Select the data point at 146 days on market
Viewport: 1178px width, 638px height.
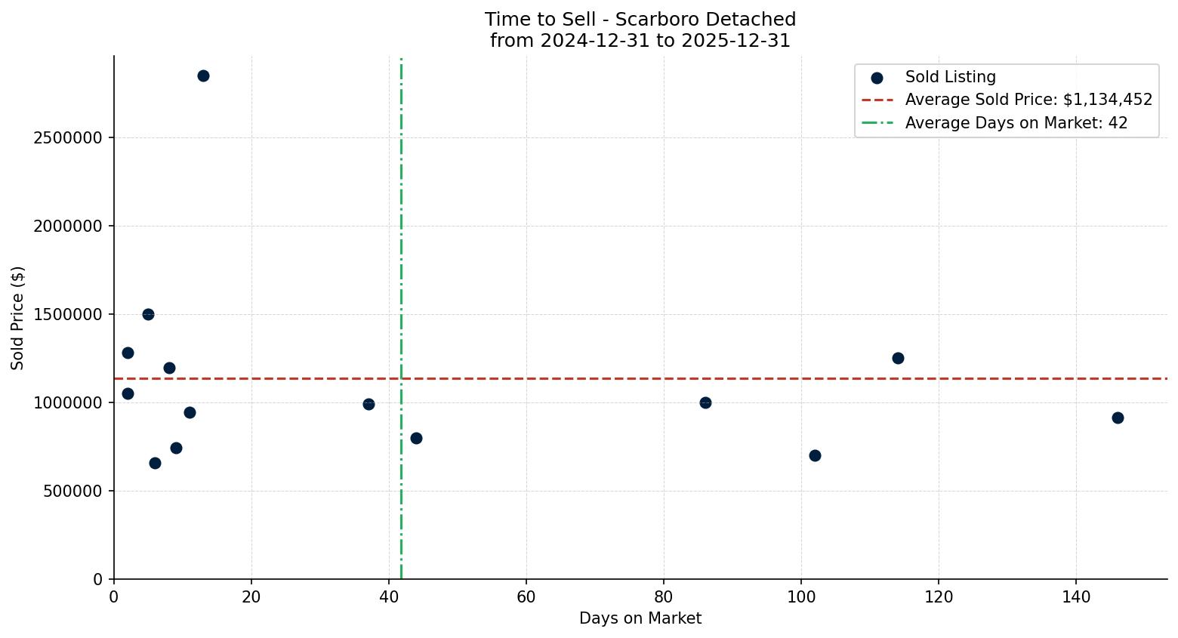coord(1118,418)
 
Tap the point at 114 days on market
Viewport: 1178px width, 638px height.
coord(898,358)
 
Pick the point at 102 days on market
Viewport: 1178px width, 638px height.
coord(815,455)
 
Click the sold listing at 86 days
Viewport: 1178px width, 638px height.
coord(705,402)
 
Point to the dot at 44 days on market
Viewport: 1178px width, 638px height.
coord(416,438)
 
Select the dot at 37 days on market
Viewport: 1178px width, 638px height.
coord(369,404)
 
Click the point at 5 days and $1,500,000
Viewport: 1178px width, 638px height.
coord(148,314)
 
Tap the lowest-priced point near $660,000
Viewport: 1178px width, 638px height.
coord(155,463)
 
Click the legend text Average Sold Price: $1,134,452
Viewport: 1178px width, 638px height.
coord(1028,100)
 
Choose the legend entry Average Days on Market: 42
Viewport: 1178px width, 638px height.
coord(1016,123)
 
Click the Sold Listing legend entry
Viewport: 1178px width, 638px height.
coord(950,77)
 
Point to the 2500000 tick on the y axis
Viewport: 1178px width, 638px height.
coord(68,138)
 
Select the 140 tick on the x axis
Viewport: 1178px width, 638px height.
coord(1076,597)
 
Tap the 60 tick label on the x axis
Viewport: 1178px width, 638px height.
coord(526,597)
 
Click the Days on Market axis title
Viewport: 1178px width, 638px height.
coord(640,618)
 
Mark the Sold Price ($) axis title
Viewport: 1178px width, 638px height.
coord(18,317)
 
